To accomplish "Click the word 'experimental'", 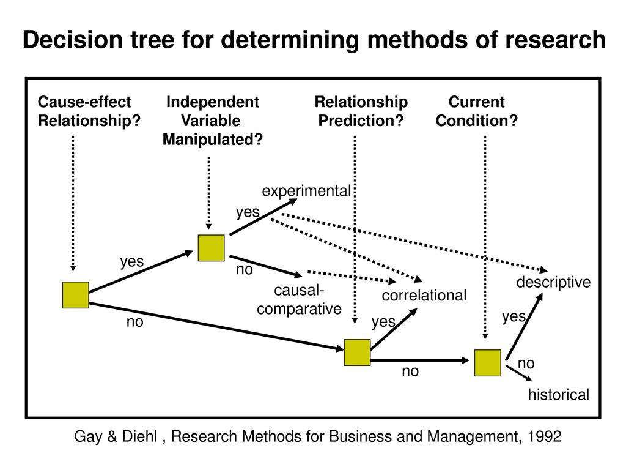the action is tap(306, 191).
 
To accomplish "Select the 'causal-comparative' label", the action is tap(299, 300).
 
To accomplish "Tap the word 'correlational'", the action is tap(424, 296).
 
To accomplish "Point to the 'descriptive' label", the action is tap(553, 283).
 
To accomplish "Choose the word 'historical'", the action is tap(559, 395).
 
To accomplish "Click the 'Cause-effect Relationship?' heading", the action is tap(89, 111).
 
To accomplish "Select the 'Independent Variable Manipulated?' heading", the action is tap(212, 121).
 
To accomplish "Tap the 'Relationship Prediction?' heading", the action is tap(361, 111).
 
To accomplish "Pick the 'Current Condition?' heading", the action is tap(477, 111).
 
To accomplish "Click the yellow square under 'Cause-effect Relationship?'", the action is tap(75, 295).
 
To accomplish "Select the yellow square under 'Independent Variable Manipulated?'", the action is tap(211, 248).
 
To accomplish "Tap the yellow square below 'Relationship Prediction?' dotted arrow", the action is tap(357, 352).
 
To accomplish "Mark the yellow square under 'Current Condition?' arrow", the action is tap(488, 363).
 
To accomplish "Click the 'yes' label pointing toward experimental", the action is tap(248, 212).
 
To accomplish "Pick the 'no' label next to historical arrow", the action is tap(526, 364).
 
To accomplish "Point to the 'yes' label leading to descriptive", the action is tap(514, 316).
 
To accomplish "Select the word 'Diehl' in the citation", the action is tap(140, 436).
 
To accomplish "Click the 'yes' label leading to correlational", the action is tap(383, 322).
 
